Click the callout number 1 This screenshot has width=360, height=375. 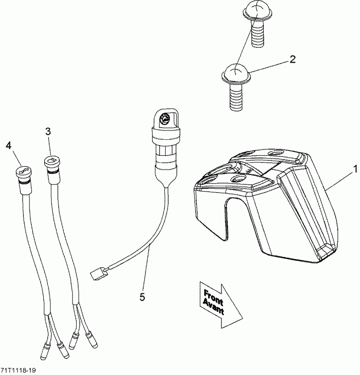pos(355,168)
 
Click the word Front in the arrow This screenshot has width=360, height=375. pos(213,297)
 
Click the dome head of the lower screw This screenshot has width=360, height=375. pos(237,72)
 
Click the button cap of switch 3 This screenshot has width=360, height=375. pos(51,162)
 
